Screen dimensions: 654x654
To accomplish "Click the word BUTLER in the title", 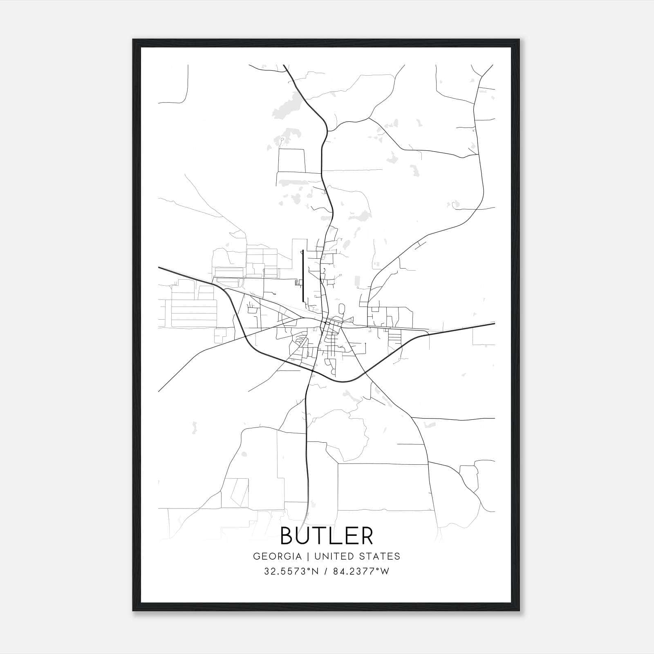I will point(327,535).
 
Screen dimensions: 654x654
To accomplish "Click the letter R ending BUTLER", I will point(366,535).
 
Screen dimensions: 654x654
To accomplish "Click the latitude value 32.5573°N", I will point(291,571).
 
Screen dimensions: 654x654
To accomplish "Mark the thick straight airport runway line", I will point(302,276).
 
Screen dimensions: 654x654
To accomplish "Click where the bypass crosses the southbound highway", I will point(312,371).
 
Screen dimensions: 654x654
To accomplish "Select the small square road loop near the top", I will point(291,160).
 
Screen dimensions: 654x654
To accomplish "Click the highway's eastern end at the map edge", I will point(494,323).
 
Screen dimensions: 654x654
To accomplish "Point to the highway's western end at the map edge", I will point(159,268).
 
